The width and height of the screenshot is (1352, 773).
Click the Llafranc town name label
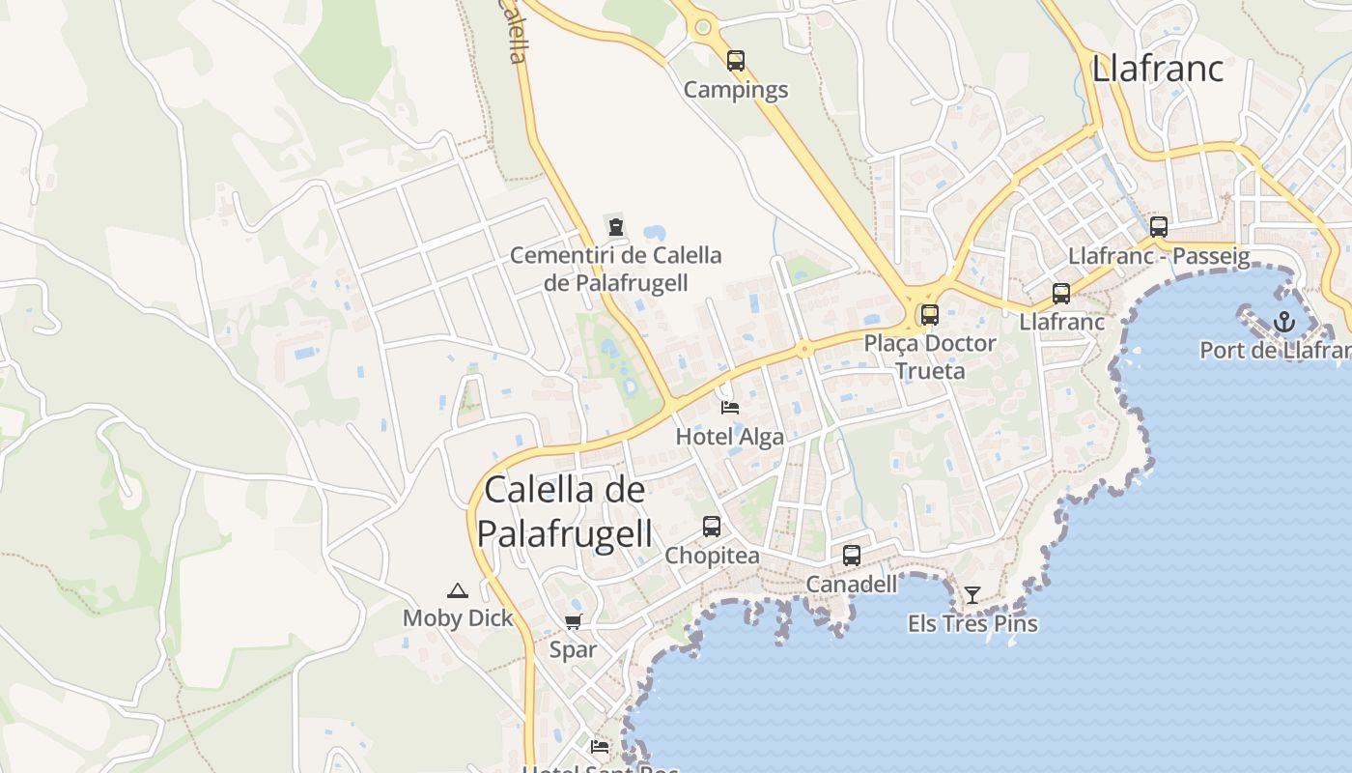pos(1157,69)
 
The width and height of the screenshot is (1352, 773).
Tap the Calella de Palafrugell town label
pos(565,511)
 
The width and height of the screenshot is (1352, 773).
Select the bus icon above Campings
pos(736,61)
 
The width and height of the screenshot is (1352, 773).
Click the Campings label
pos(736,90)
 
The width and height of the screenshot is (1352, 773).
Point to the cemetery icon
pos(615,227)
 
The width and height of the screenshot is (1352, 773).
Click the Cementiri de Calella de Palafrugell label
pos(615,269)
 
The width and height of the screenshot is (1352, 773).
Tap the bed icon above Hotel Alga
pos(730,408)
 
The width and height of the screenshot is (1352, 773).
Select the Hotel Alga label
pos(730,437)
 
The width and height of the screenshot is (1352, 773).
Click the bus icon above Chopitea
pos(712,527)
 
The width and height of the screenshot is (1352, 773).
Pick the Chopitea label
pos(712,557)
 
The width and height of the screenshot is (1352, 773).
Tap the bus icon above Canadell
pos(851,556)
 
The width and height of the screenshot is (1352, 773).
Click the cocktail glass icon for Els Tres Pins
pos(972,594)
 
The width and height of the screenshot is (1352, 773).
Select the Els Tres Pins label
pos(972,623)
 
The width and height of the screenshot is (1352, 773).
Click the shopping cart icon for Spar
pos(574,621)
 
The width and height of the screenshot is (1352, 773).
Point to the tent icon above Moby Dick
pos(458,590)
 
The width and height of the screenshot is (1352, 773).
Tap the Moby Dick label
pos(458,618)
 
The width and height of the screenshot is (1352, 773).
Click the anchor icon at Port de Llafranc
pos(1283,322)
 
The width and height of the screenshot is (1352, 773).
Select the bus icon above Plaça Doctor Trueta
pos(930,314)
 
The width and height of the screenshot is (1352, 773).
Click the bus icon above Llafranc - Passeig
pos(1159,227)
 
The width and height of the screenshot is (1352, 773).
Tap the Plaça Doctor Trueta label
pos(930,357)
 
